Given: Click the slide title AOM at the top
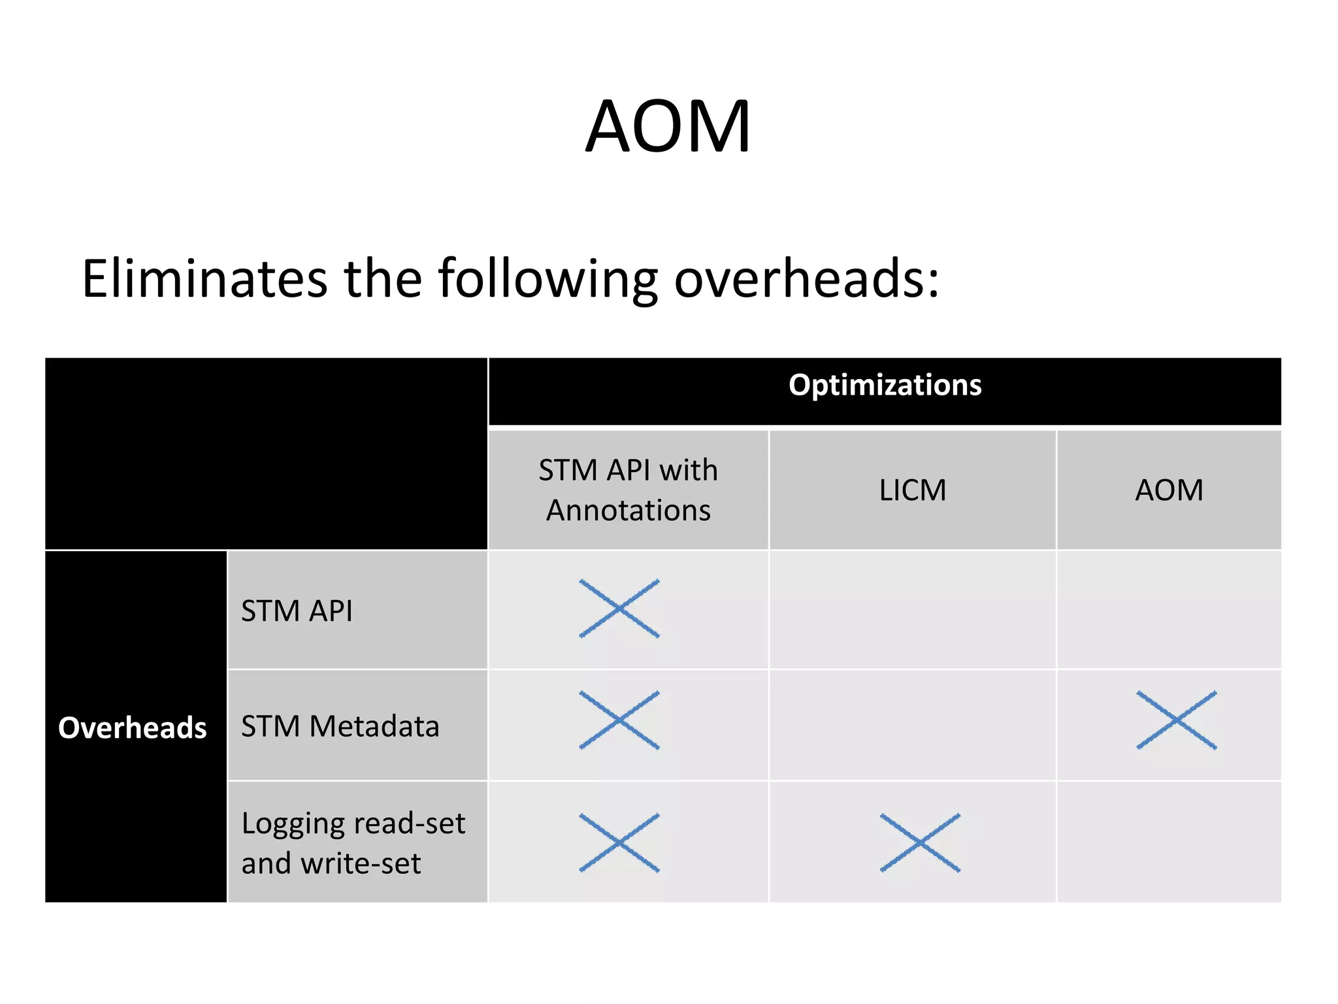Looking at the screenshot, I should click(668, 127).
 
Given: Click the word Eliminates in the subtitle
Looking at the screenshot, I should click(204, 279).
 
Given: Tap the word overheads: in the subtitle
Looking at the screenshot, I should click(806, 279).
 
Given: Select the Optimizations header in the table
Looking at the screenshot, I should click(885, 386).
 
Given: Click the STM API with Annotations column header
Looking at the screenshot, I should click(628, 490).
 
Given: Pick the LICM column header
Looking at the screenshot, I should click(912, 490).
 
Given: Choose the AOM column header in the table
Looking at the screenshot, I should click(1169, 490).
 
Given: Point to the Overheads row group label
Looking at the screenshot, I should click(133, 728).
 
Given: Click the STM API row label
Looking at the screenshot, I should click(297, 611).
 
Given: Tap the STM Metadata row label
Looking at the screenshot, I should click(340, 726).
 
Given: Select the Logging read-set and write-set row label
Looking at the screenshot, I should click(353, 843).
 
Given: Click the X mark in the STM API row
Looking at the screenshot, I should click(619, 609).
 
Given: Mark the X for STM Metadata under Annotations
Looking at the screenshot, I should click(619, 720).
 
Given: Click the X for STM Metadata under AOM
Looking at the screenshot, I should click(1177, 720).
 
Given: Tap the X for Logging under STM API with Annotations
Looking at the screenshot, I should click(619, 843).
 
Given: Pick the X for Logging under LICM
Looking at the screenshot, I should click(920, 843).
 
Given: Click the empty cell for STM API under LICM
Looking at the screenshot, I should click(912, 610).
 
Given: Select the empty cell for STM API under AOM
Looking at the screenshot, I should click(1169, 610).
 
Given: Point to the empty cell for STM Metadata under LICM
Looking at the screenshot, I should click(912, 725).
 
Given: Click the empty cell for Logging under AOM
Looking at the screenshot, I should click(1169, 842).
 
